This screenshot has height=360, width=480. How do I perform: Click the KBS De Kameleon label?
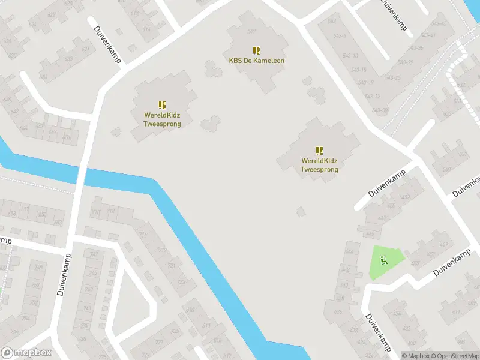pyautogui.click(x=256, y=61)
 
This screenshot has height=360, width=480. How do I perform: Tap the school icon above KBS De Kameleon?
pyautogui.click(x=256, y=50)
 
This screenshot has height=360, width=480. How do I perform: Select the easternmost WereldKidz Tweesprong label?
pyautogui.click(x=319, y=165)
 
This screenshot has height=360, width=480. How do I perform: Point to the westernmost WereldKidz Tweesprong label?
pyautogui.click(x=162, y=119)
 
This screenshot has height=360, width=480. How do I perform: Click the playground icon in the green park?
pyautogui.click(x=384, y=260)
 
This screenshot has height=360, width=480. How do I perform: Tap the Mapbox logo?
pyautogui.click(x=26, y=353)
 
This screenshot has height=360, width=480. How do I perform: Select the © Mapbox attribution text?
pyautogui.click(x=416, y=356)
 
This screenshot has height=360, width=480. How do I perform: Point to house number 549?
pyautogui.click(x=251, y=31)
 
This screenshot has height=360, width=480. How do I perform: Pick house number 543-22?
pyautogui.click(x=372, y=97)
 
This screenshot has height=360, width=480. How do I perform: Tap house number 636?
pyautogui.click(x=43, y=77)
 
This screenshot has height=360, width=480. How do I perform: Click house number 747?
pyautogui.click(x=94, y=254)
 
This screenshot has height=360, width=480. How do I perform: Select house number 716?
pyautogui.click(x=143, y=235)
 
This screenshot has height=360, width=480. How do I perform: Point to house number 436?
pyautogui.click(x=338, y=311)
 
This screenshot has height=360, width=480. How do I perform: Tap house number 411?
pyautogui.click(x=457, y=312)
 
